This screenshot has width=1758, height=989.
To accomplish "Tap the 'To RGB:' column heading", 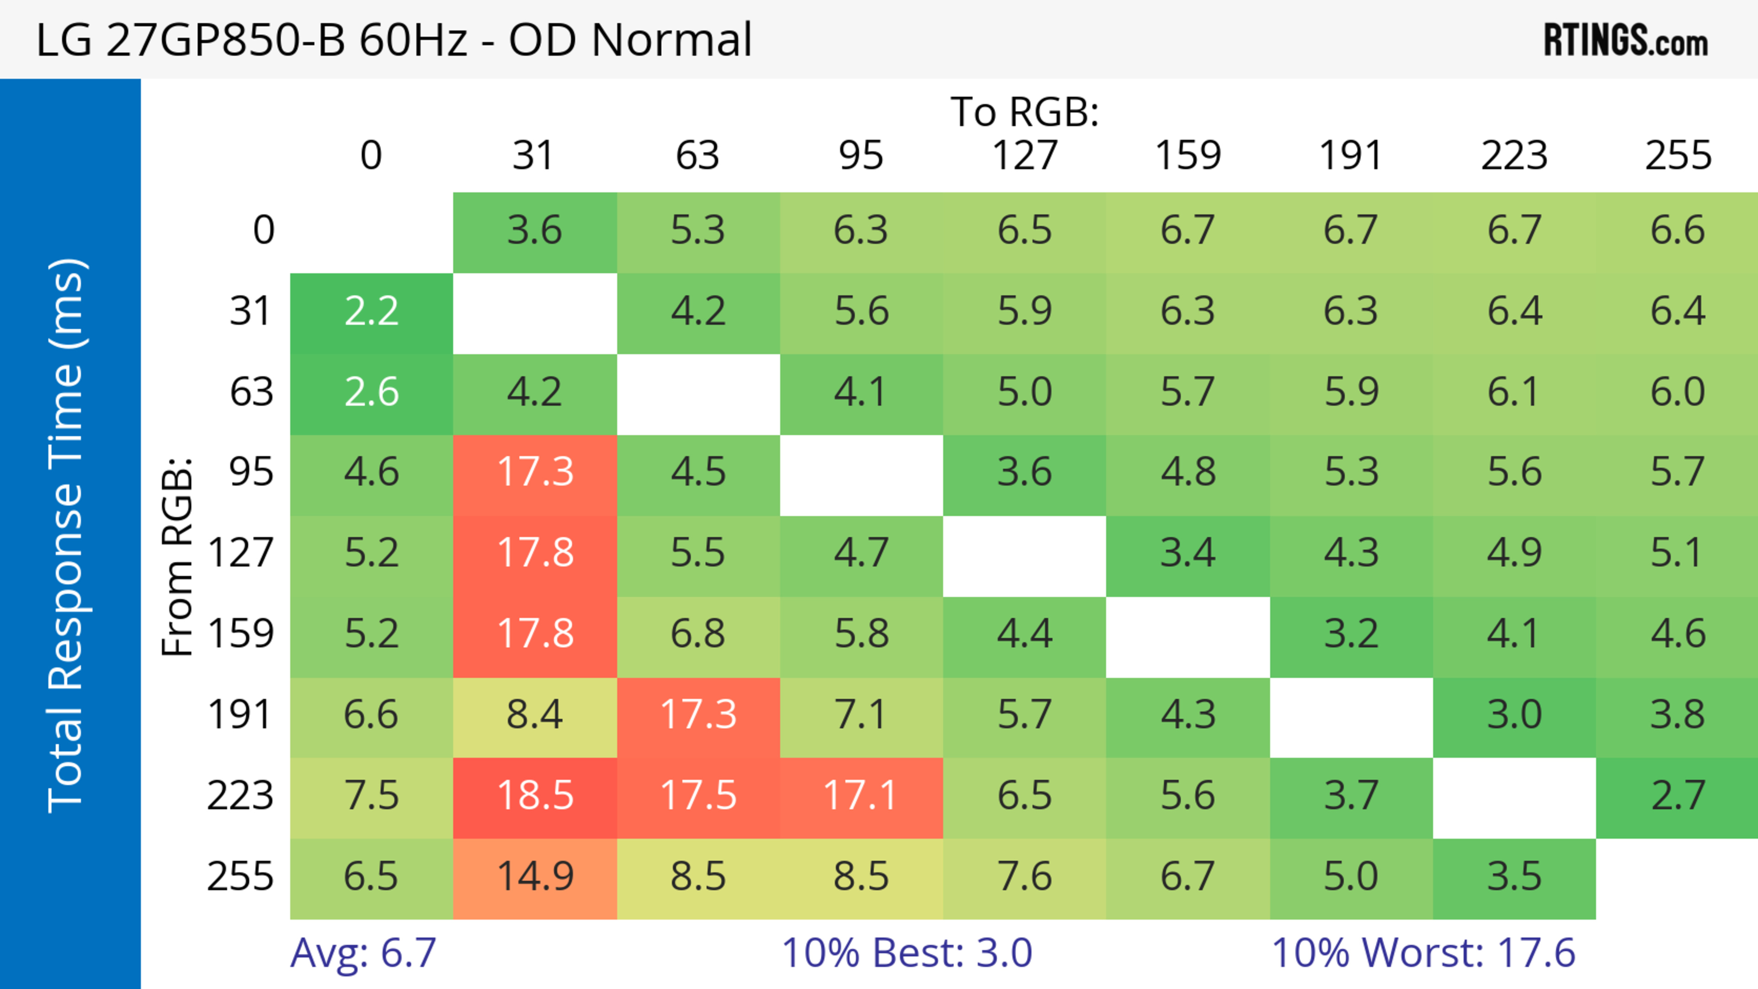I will click(x=1025, y=111).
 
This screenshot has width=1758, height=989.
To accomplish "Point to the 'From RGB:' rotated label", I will click(x=178, y=557).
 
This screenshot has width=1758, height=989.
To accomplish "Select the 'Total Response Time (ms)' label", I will click(x=67, y=535).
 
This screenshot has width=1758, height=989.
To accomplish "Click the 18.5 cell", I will click(x=535, y=796).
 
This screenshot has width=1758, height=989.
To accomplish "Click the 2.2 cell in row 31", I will click(x=371, y=312).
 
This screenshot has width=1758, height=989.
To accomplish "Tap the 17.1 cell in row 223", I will click(x=861, y=796).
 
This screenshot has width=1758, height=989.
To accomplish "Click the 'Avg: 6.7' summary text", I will click(x=363, y=953).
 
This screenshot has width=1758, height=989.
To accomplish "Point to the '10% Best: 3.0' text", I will click(x=906, y=953).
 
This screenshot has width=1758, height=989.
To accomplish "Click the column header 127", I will click(x=1025, y=156).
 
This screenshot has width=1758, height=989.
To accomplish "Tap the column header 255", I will click(x=1677, y=156).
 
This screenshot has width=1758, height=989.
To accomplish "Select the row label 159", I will click(x=241, y=634).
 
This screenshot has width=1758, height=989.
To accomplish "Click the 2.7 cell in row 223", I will click(x=1677, y=796).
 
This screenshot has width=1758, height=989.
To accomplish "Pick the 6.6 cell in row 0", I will click(x=1677, y=230).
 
